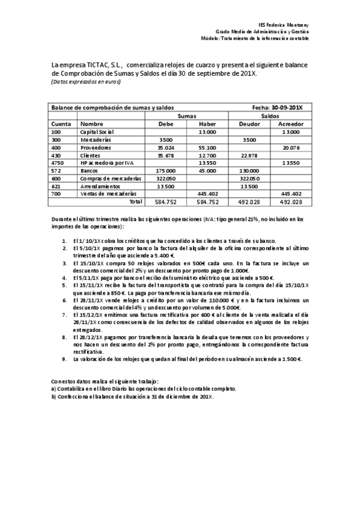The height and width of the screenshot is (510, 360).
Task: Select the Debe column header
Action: click(x=165, y=123)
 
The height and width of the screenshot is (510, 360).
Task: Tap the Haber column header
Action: click(x=207, y=123)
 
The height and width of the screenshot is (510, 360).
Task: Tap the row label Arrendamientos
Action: click(x=100, y=186)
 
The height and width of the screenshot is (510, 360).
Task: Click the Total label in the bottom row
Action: click(x=136, y=201)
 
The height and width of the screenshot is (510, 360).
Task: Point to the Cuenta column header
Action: click(x=62, y=123)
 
